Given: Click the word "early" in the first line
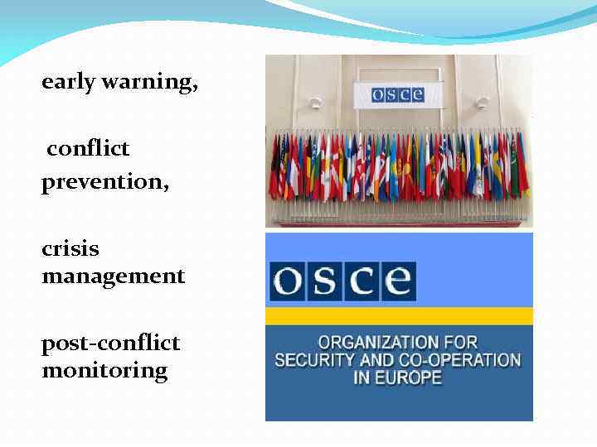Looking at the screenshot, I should tap(69, 83).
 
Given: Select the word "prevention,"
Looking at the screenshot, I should tap(104, 182).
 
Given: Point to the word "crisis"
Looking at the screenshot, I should tap(70, 248).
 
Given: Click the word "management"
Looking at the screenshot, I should tap(113, 276).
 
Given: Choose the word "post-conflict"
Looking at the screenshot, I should tap(110, 343).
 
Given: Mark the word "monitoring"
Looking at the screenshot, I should tap(104, 370).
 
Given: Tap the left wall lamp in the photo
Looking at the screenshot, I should tap(315, 104).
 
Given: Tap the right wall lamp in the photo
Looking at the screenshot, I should tap(483, 103).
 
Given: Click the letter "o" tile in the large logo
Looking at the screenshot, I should tap(288, 282).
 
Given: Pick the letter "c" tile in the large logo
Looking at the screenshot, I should tap(362, 282).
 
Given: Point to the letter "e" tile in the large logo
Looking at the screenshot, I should tap(397, 282).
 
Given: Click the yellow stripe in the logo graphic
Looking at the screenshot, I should tap(399, 316).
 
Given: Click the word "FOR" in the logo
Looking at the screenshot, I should tap(461, 342).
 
